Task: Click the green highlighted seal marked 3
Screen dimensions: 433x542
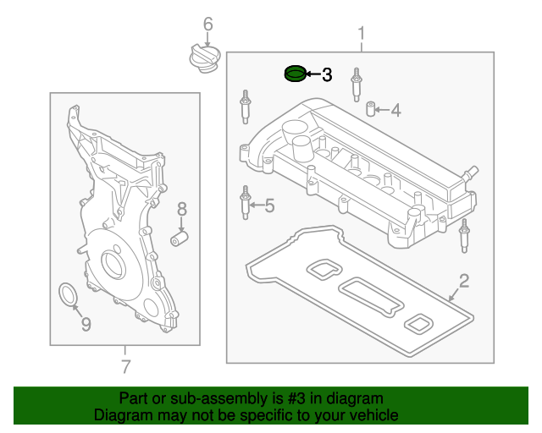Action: click(x=293, y=74)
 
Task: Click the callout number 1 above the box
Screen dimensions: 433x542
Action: click(x=361, y=34)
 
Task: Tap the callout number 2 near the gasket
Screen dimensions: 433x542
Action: click(x=463, y=281)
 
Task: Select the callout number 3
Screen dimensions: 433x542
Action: click(x=327, y=75)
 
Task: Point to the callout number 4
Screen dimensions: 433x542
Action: click(x=395, y=109)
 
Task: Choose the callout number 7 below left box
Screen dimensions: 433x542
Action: click(x=125, y=367)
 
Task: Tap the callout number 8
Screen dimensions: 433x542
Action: click(x=180, y=209)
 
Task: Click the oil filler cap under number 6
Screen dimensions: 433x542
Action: click(x=203, y=60)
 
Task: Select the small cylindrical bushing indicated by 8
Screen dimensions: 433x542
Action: click(x=179, y=239)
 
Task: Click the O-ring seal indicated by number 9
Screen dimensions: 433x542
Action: click(x=66, y=294)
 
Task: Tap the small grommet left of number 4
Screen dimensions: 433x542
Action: click(x=370, y=109)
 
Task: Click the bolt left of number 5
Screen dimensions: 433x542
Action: click(x=246, y=204)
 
